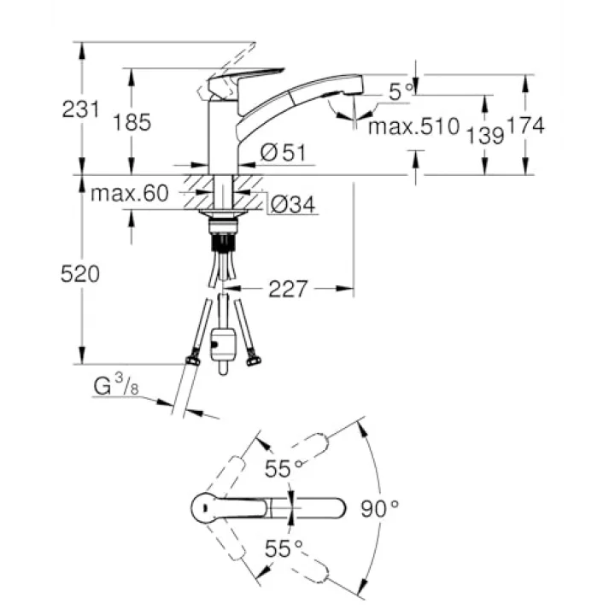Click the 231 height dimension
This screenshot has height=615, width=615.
(x=81, y=109)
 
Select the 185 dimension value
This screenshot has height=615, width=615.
(x=132, y=122)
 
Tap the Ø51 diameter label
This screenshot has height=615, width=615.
(x=283, y=152)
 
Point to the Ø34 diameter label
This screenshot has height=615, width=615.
(x=293, y=204)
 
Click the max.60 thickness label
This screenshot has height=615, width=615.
(x=130, y=193)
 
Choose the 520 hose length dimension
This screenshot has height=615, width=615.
(x=80, y=274)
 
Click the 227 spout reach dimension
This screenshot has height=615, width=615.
(x=288, y=289)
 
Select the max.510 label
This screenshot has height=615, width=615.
(x=413, y=126)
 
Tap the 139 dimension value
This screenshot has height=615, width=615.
(x=485, y=136)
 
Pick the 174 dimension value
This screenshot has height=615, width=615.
(x=525, y=126)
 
